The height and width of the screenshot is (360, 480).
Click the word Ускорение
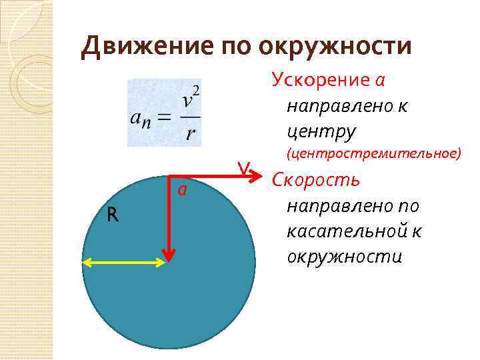321,81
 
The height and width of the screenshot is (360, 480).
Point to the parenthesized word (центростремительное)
373,154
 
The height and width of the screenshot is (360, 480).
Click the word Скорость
316,180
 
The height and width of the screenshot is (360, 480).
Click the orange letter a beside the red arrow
181,190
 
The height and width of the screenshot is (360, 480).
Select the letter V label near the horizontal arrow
245,169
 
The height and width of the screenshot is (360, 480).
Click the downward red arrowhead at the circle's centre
171,255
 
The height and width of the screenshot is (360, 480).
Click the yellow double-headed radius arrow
123,263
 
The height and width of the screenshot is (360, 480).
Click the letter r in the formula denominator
191,134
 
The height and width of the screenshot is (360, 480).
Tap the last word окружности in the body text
344,256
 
